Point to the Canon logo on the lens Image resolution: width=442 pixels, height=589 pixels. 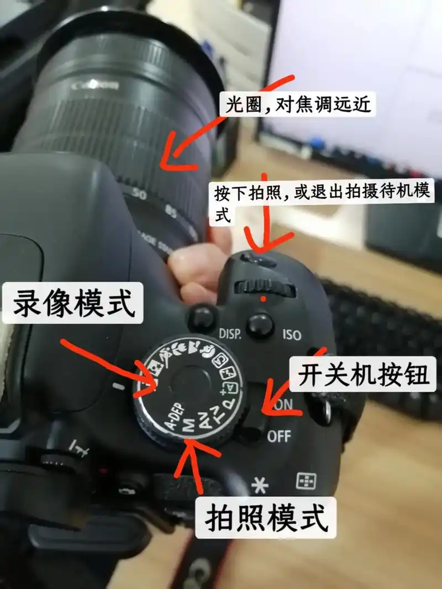pos(94,86)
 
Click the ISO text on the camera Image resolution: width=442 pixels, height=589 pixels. pos(292,335)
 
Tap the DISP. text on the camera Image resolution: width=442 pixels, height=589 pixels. pos(231,334)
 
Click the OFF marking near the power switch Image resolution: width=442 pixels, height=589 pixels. pos(278,437)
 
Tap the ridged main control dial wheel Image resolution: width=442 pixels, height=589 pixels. pos(264,288)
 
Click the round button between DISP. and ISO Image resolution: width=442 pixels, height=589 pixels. pos(260,325)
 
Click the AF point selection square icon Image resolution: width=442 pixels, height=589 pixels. pos(304,481)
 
